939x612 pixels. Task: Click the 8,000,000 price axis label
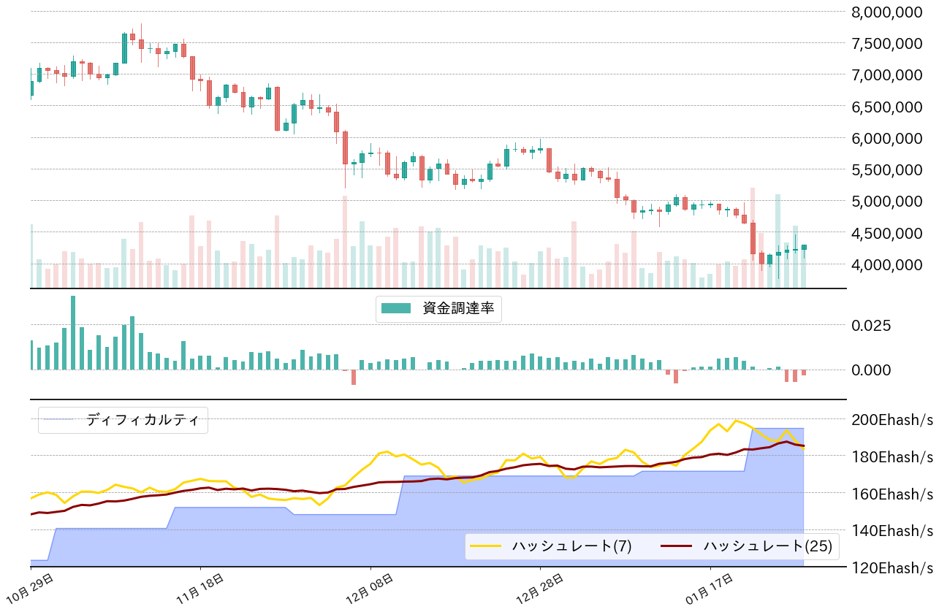tap(887, 12)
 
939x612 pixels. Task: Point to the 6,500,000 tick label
tap(887, 107)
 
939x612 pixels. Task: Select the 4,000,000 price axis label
tap(887, 264)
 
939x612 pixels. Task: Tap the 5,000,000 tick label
tap(887, 201)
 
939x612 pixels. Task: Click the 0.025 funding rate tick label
tap(872, 325)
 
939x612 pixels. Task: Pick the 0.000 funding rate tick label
tap(872, 370)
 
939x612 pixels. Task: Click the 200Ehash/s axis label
tap(891, 419)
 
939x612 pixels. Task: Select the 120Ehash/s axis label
tap(891, 567)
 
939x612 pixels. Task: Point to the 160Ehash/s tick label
tap(891, 493)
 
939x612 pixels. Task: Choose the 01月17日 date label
tap(710, 589)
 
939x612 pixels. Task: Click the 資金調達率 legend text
tap(458, 308)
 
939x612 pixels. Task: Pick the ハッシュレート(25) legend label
tap(767, 546)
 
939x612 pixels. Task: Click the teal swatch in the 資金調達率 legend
tap(397, 308)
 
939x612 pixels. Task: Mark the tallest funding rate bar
tap(73, 332)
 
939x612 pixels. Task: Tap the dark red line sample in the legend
tap(674, 546)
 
